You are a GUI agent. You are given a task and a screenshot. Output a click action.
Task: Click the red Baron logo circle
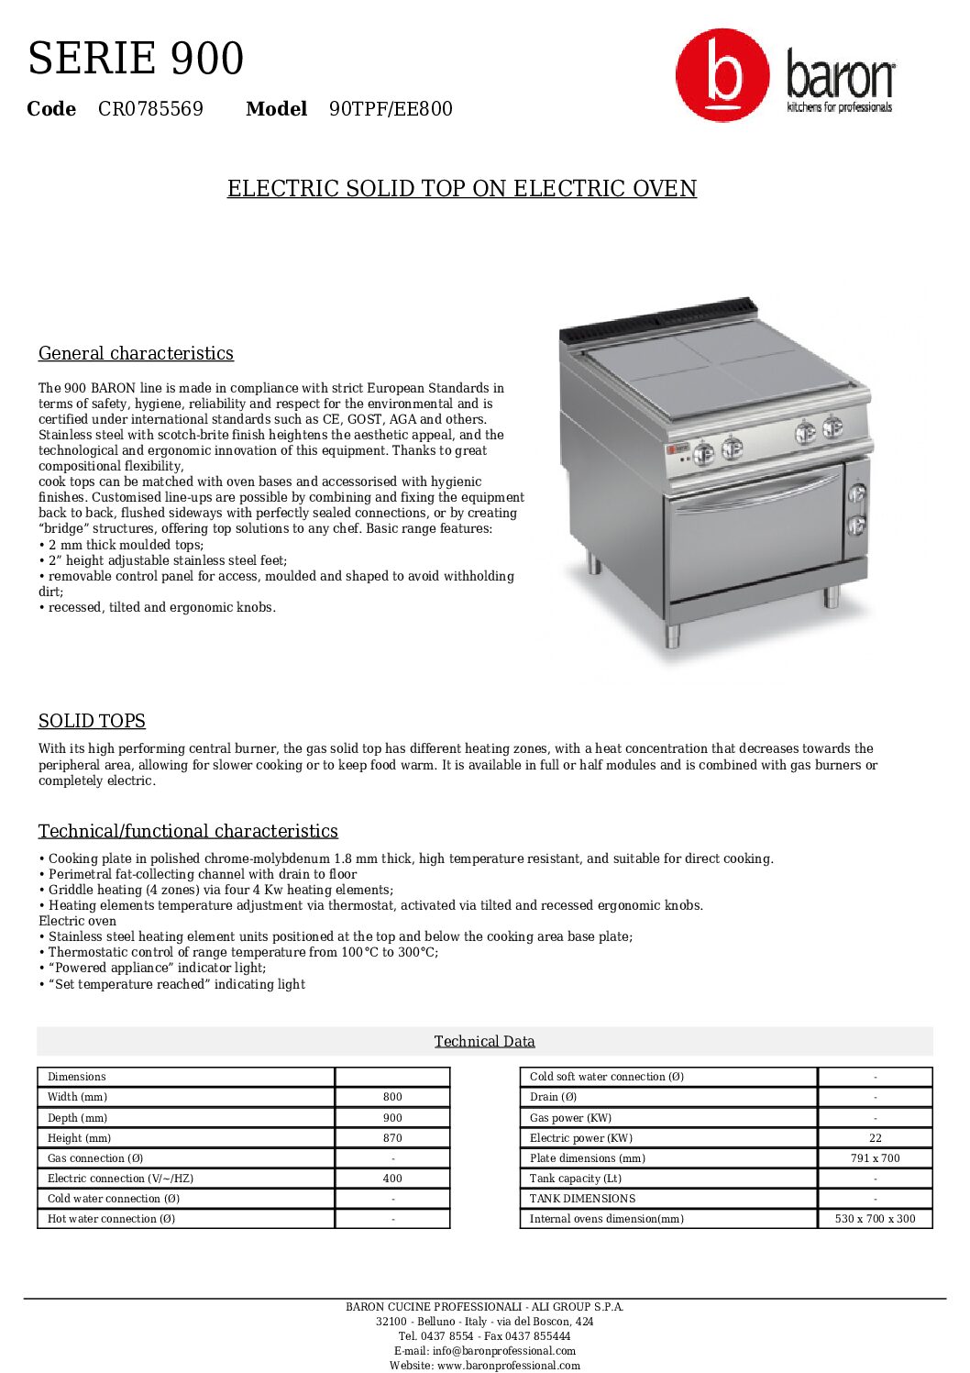pos(722,75)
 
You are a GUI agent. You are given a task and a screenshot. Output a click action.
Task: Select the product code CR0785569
pos(150,109)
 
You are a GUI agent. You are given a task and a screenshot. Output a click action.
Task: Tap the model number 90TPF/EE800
pos(391,109)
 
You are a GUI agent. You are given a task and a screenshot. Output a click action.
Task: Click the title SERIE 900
pos(136,59)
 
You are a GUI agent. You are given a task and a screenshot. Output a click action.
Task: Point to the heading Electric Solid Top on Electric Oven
pos(462,189)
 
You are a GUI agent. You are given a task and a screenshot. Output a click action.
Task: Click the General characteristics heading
pos(136,353)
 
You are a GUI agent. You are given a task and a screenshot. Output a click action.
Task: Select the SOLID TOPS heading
pos(92,721)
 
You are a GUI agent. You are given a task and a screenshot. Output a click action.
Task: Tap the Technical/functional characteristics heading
pos(188,831)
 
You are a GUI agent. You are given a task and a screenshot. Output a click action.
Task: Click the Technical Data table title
pos(484,1041)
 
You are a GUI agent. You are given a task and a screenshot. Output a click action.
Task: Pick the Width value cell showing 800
pos(392,1097)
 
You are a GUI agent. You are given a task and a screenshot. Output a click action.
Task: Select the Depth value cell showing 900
pos(392,1118)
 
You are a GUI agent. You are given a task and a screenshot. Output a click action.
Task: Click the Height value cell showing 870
pos(392,1138)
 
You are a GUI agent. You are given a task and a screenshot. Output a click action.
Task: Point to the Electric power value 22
pos(875,1138)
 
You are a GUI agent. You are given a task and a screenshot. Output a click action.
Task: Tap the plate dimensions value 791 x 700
pos(875,1158)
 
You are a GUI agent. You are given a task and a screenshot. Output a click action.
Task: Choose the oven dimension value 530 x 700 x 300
pos(875,1219)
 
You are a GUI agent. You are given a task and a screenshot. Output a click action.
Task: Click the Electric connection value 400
pos(392,1179)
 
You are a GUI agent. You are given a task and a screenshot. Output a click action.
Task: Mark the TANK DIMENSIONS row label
pos(582,1199)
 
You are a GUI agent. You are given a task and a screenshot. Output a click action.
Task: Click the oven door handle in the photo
pos(756,496)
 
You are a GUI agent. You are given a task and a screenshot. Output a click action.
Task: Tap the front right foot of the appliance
pos(831,597)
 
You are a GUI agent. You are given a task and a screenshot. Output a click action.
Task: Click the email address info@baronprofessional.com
pos(485,1351)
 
